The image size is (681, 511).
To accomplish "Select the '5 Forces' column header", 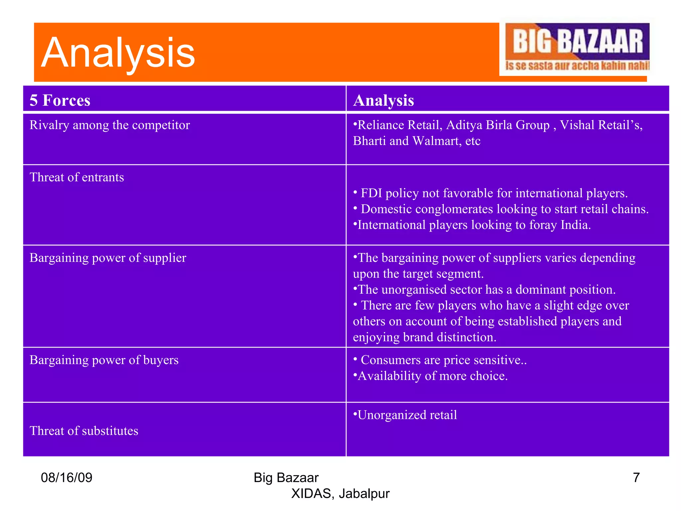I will coord(60,100).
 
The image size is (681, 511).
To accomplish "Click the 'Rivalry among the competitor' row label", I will coord(110,125).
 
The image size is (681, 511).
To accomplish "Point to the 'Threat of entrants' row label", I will coord(77,177).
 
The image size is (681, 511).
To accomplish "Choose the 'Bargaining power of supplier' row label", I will coord(108,258).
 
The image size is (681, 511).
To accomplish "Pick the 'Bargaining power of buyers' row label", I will coord(104,360).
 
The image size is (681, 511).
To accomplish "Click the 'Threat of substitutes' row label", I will coord(84,431).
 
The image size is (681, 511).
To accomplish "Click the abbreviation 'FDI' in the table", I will coord(371,193).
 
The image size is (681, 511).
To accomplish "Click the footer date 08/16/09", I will coord(67,478).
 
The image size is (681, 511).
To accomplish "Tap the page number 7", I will coord(636,478).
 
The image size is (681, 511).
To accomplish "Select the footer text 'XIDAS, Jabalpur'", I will coord(340,494).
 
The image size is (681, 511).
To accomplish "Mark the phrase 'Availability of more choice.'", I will coord(432,376).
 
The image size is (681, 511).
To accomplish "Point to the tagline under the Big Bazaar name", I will coord(577,66).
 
